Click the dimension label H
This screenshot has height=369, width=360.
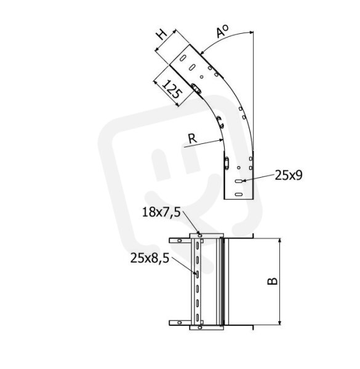click(162, 35)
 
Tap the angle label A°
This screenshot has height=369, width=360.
click(222, 31)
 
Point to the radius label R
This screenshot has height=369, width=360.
click(193, 138)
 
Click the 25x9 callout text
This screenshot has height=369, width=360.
click(289, 175)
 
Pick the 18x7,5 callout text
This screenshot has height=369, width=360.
click(161, 212)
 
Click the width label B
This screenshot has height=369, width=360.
click(273, 281)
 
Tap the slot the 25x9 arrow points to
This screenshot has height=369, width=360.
click(239, 181)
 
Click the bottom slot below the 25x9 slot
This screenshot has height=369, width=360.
click(239, 194)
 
